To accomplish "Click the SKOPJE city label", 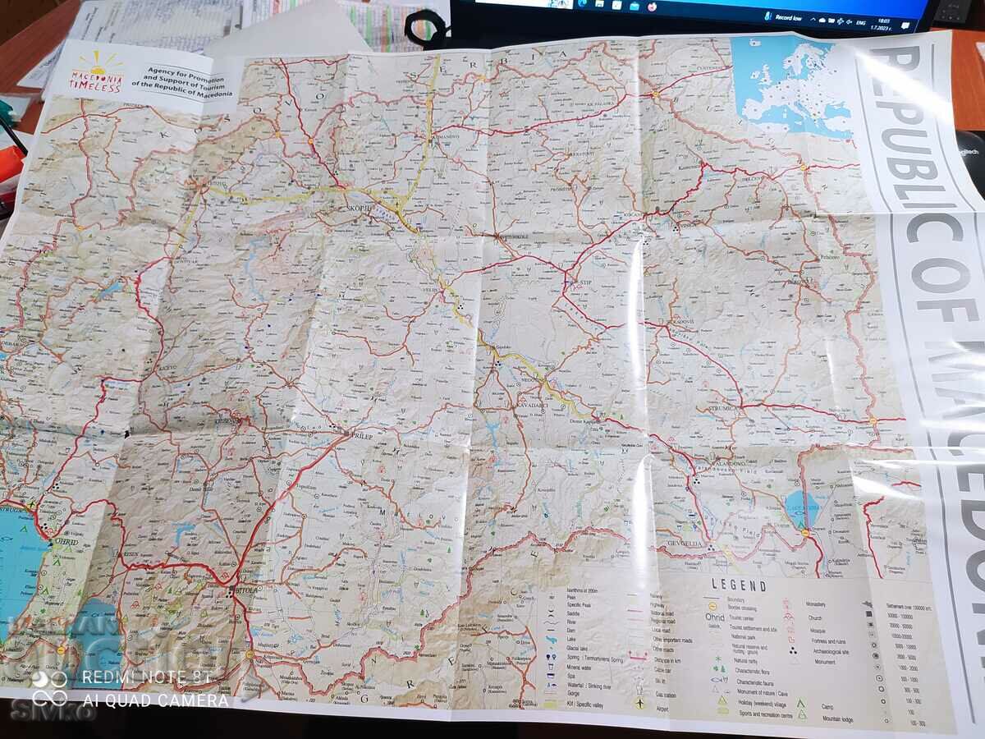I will (358, 208).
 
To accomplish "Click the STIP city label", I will (585, 283).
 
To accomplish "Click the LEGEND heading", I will (738, 585).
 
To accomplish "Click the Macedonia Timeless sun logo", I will (98, 64).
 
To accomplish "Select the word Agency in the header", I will (162, 71).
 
